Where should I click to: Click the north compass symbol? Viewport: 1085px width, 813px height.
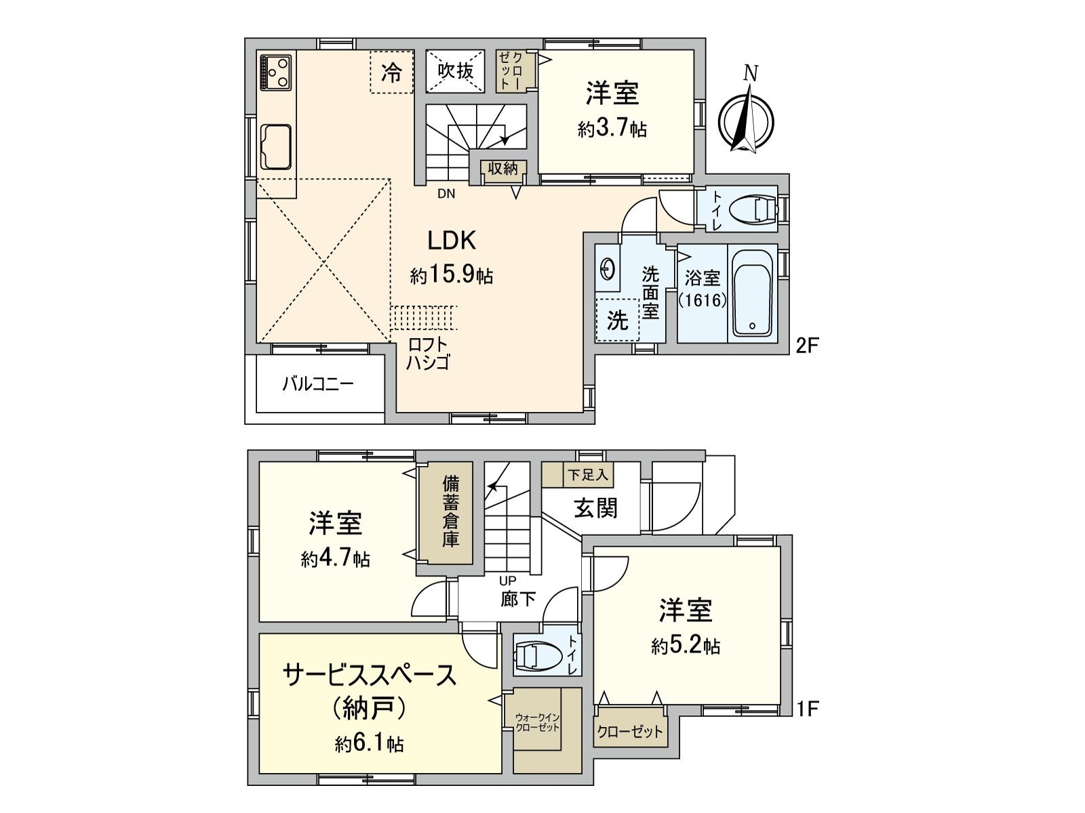click(747, 117)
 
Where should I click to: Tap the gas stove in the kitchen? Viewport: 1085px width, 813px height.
click(275, 71)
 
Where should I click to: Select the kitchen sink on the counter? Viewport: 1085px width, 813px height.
click(276, 147)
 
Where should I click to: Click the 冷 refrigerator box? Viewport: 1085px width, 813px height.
click(391, 72)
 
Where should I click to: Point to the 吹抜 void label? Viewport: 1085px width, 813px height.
click(455, 70)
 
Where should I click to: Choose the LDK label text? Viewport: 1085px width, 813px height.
click(451, 241)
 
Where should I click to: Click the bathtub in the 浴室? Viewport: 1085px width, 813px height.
click(753, 293)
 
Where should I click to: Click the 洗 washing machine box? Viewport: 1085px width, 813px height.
click(617, 320)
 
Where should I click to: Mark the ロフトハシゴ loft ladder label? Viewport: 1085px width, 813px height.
click(428, 354)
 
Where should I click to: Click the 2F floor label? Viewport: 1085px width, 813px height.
click(808, 346)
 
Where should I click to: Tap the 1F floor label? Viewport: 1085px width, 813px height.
click(808, 709)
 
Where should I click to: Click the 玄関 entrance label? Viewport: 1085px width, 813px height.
click(595, 507)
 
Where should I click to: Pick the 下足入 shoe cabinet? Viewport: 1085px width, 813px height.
click(587, 475)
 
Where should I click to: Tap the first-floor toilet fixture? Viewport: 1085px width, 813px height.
click(538, 655)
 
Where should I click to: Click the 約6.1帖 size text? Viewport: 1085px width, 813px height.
click(370, 745)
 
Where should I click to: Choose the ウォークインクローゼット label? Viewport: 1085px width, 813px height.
click(538, 722)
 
